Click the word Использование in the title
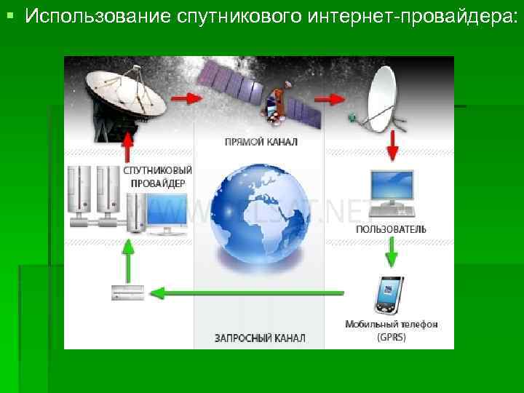[x=98, y=17]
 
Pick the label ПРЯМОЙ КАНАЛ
[x=261, y=141]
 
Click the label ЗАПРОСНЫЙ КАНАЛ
[x=260, y=338]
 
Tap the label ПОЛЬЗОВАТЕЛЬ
[x=391, y=229]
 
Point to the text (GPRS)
[x=392, y=337]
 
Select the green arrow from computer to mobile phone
[x=392, y=252]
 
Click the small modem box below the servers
[x=127, y=293]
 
